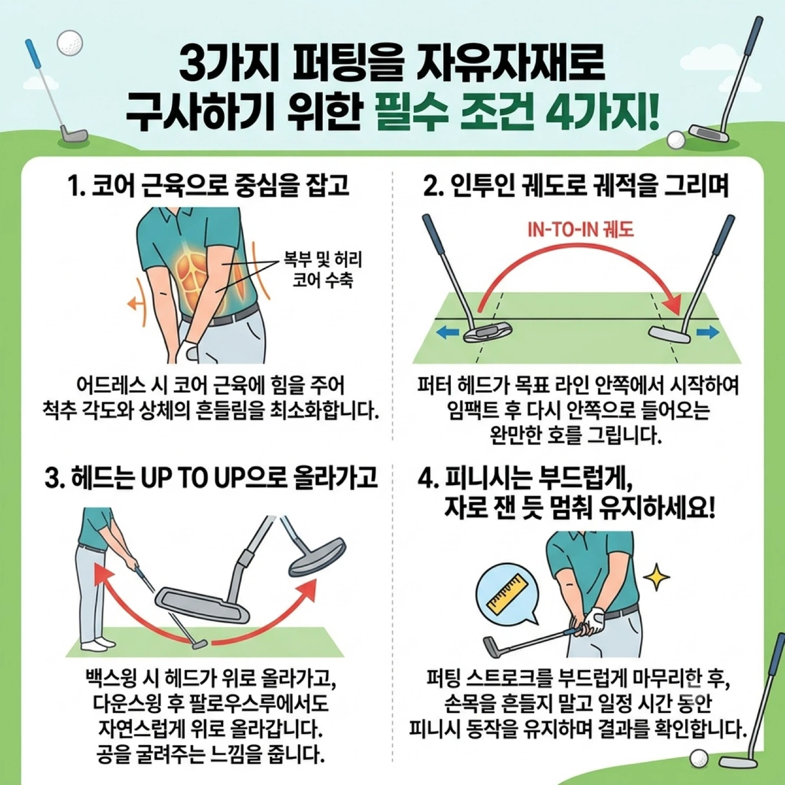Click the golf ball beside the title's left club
70,42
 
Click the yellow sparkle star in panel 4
656,577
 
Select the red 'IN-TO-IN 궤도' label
581,230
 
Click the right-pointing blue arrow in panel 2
708,333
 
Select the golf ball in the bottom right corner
699,758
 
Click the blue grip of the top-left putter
33,55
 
